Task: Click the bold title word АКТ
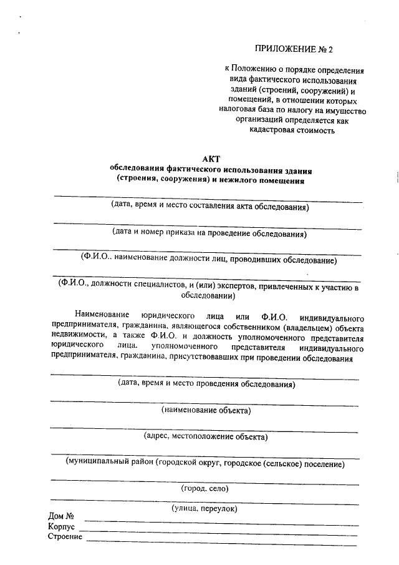coord(211,159)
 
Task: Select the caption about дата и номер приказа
coord(209,234)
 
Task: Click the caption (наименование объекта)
coord(206,410)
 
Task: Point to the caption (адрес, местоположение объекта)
coord(205,436)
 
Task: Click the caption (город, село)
coord(204,488)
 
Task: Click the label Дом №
coord(61,517)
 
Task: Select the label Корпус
coord(61,527)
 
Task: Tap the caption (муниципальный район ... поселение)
coord(205,463)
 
